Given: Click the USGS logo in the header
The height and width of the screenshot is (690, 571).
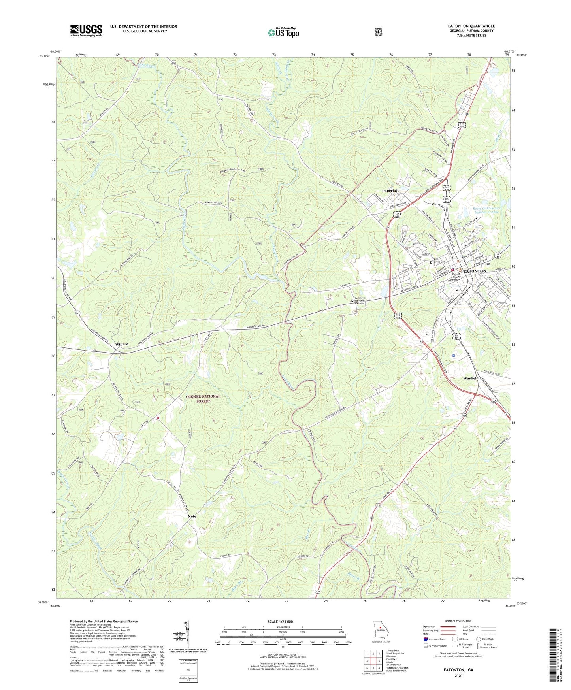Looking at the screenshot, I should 86,30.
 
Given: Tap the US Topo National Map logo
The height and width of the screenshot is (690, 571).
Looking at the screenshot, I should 283,32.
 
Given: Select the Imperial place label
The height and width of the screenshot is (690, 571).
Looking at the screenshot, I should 389,191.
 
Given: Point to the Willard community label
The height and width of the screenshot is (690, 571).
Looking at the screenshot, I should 122,344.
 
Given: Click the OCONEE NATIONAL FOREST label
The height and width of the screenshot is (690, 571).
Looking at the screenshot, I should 203,398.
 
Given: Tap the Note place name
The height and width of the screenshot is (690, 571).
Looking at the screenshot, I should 192,517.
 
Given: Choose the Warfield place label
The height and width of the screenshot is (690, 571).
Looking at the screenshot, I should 471,378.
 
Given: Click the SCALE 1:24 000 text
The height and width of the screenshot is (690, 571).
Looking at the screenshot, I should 280,622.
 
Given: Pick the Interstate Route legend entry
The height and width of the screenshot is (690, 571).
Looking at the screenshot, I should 435,639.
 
